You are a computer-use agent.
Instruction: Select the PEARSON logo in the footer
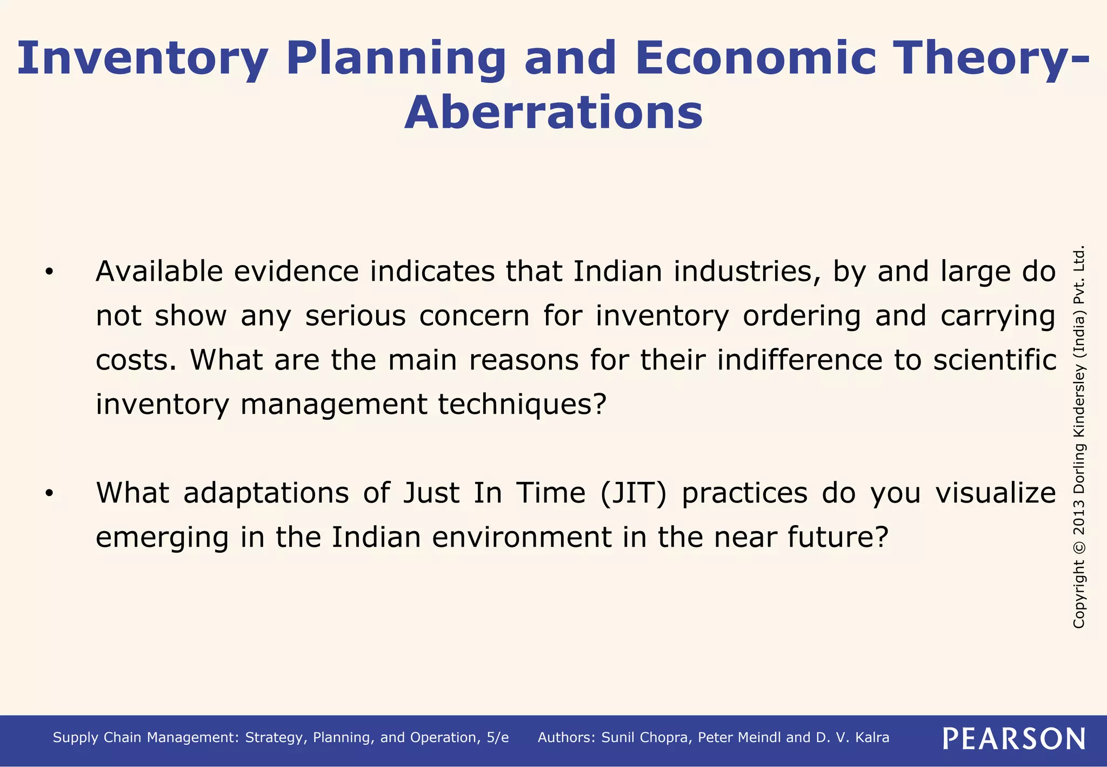pyautogui.click(x=1014, y=738)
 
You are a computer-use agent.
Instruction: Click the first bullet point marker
pyautogui.click(x=49, y=273)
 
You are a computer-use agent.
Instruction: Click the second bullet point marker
pyautogui.click(x=49, y=494)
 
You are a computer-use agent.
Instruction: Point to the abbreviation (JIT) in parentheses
pyautogui.click(x=633, y=493)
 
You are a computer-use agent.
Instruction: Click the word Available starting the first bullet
pyautogui.click(x=159, y=272)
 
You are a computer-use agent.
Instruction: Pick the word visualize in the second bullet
pyautogui.click(x=996, y=493)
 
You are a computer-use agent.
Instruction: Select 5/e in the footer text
pyautogui.click(x=497, y=738)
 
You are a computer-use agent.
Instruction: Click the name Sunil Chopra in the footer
pyautogui.click(x=646, y=738)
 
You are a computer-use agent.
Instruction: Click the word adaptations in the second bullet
pyautogui.click(x=266, y=493)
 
